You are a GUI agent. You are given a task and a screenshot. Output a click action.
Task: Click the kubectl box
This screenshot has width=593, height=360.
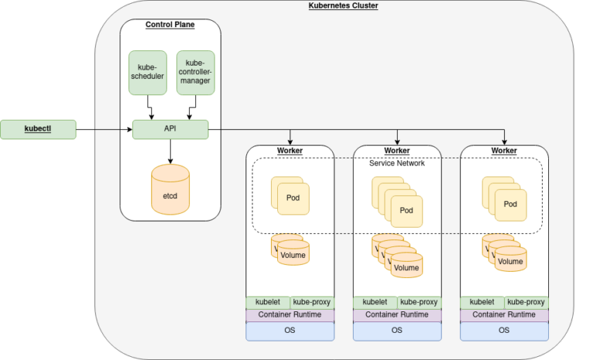point(39,129)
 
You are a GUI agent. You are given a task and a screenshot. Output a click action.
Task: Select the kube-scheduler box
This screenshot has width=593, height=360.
point(147,73)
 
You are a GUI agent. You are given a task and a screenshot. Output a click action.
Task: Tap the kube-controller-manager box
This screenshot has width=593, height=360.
point(195,73)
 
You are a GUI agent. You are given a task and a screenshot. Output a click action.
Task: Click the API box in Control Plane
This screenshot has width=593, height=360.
point(171,129)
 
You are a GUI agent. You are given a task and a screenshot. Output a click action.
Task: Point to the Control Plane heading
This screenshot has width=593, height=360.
point(170,25)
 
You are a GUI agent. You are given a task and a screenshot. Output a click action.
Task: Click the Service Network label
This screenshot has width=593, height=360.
point(397,163)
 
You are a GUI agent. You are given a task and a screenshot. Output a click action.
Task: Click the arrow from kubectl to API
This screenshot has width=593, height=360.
point(104,129)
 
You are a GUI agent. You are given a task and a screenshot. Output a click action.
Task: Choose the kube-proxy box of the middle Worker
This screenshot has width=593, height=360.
point(419,302)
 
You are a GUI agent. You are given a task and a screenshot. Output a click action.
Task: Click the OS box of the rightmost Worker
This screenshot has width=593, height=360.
point(504,330)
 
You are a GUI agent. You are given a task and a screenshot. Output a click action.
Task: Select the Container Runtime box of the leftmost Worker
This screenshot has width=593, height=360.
point(290,315)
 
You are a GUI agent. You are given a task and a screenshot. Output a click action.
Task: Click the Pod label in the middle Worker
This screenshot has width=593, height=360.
point(406,210)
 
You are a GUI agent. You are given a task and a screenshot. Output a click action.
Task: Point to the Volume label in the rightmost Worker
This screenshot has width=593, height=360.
point(510,261)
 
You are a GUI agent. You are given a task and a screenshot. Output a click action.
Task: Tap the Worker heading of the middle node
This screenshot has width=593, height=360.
point(397,150)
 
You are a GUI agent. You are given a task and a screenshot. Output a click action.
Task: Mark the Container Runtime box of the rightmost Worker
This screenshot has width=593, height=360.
point(504,315)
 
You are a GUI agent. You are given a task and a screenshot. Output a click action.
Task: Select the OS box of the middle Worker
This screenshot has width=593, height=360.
point(397,330)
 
